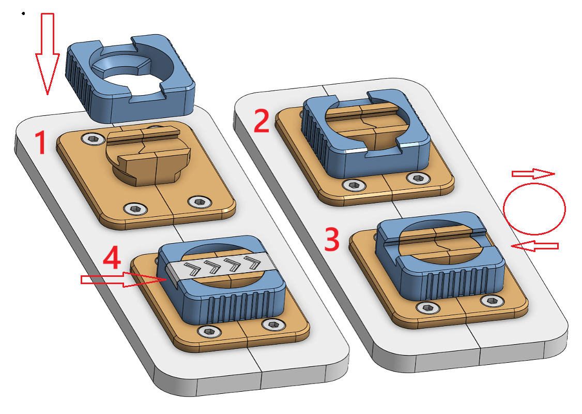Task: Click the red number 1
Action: [x=40, y=142]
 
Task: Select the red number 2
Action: [x=262, y=121]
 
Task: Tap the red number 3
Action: [x=332, y=239]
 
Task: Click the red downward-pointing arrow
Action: [x=48, y=54]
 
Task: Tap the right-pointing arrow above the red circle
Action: [x=533, y=173]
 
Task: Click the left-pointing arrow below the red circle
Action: [x=534, y=246]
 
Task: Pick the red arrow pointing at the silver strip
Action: [x=123, y=279]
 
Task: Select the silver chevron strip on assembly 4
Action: [x=221, y=266]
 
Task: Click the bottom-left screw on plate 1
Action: [x=136, y=209]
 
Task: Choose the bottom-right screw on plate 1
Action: [x=200, y=202]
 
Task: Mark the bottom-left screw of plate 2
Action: [x=354, y=185]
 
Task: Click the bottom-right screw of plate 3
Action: [x=493, y=301]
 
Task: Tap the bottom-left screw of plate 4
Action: [x=210, y=331]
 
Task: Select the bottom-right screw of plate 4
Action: [x=273, y=324]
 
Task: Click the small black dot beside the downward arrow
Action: [x=23, y=14]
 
